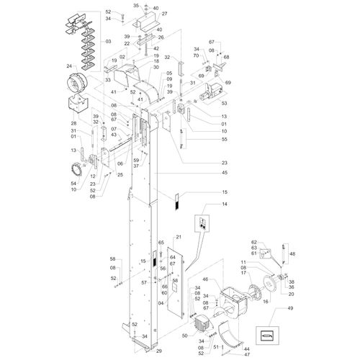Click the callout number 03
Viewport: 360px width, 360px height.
click(x=108, y=42)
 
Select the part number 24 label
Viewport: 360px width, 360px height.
click(x=69, y=66)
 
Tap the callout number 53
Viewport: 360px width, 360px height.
click(x=224, y=104)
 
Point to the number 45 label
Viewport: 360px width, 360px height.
click(x=225, y=173)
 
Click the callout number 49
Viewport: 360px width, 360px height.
click(x=290, y=308)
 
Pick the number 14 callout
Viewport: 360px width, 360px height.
click(x=225, y=204)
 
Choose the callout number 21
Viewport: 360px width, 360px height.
click(x=179, y=237)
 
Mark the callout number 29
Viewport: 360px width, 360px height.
click(x=159, y=351)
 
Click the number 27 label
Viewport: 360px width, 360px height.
click(x=164, y=14)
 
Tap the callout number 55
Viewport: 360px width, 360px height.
click(x=225, y=139)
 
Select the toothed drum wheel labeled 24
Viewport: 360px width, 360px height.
click(x=77, y=81)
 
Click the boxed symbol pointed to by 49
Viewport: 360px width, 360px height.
click(x=267, y=336)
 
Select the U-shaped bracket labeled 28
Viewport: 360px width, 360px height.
click(x=77, y=104)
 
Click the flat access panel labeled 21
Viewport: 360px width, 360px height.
click(x=176, y=283)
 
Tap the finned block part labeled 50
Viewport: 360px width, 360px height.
click(x=204, y=323)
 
